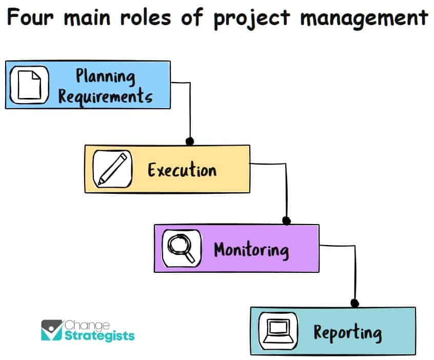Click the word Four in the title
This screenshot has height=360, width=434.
(30, 17)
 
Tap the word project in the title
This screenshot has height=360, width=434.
(251, 19)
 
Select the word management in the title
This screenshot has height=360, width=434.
(364, 19)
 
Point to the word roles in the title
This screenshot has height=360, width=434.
(146, 17)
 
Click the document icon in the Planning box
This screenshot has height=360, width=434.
(29, 85)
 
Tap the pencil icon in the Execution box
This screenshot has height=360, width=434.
(112, 169)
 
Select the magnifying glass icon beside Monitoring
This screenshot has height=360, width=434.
(181, 248)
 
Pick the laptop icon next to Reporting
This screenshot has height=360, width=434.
(278, 331)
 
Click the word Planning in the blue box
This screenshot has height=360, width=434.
(106, 76)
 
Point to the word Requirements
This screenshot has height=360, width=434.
(105, 96)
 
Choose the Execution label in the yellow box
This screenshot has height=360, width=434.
(182, 170)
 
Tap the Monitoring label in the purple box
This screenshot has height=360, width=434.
(251, 250)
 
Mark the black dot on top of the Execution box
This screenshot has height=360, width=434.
(190, 141)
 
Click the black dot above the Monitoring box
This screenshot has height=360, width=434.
(286, 221)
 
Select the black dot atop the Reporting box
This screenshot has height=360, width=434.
(355, 303)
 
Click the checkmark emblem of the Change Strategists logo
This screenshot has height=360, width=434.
(52, 330)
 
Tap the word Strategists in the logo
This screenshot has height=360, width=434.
(100, 336)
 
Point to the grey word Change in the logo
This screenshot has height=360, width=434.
(87, 326)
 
